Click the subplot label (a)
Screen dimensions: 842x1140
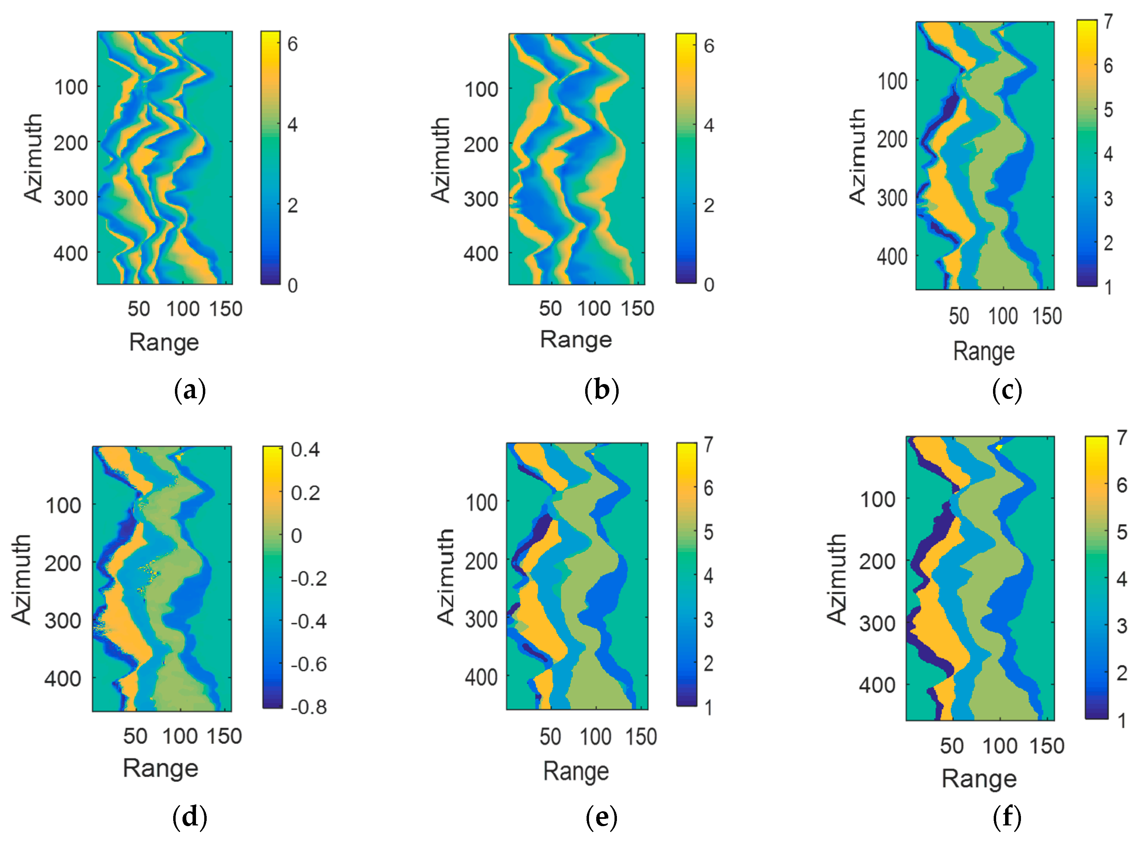189,391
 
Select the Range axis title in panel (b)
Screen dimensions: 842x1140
576,340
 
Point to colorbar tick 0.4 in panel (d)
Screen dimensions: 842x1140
305,450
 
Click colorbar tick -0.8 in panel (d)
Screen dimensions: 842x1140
308,707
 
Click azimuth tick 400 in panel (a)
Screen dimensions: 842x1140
70,253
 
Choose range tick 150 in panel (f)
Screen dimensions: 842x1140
1047,746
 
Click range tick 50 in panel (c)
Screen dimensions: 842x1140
959,316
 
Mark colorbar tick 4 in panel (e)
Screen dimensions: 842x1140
708,576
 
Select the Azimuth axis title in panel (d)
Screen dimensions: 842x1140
21,579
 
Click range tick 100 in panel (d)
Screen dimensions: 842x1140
180,736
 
